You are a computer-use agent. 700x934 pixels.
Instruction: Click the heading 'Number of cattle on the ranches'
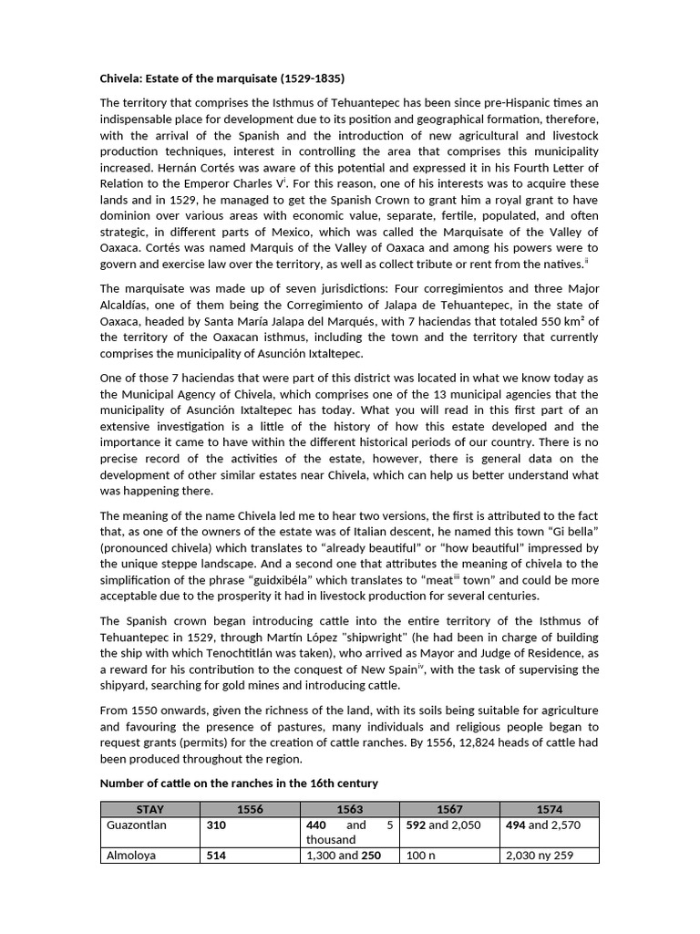coord(238,784)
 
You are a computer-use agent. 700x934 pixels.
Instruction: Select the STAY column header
coord(150,809)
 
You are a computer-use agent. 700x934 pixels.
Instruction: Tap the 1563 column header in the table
coord(350,809)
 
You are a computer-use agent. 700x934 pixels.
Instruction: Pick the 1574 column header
coord(550,809)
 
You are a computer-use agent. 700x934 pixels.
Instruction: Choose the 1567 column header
coord(450,809)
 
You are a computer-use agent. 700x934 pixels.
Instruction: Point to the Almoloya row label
coord(132,856)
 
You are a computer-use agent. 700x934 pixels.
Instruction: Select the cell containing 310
coord(217,825)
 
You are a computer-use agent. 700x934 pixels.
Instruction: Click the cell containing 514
coord(217,856)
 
